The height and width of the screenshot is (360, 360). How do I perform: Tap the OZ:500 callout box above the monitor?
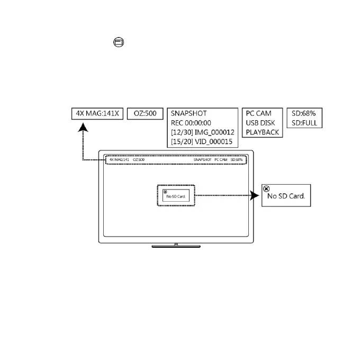(145, 114)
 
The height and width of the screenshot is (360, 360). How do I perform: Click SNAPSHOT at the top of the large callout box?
(188, 113)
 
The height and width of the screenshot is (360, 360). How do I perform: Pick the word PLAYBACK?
(262, 132)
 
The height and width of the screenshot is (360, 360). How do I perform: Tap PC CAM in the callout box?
(258, 113)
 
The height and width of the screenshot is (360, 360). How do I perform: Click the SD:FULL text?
(304, 123)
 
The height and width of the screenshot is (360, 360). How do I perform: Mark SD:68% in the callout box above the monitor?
(303, 113)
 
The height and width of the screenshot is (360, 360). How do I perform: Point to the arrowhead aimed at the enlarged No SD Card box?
(257, 195)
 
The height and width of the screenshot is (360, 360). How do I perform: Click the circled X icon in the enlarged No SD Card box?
(266, 188)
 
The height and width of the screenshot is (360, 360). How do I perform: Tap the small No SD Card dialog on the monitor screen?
(176, 195)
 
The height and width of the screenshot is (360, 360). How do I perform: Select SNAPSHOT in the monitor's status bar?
(202, 159)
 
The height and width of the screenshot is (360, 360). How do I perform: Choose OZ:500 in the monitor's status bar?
(138, 159)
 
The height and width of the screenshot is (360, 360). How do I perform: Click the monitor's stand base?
(176, 246)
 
